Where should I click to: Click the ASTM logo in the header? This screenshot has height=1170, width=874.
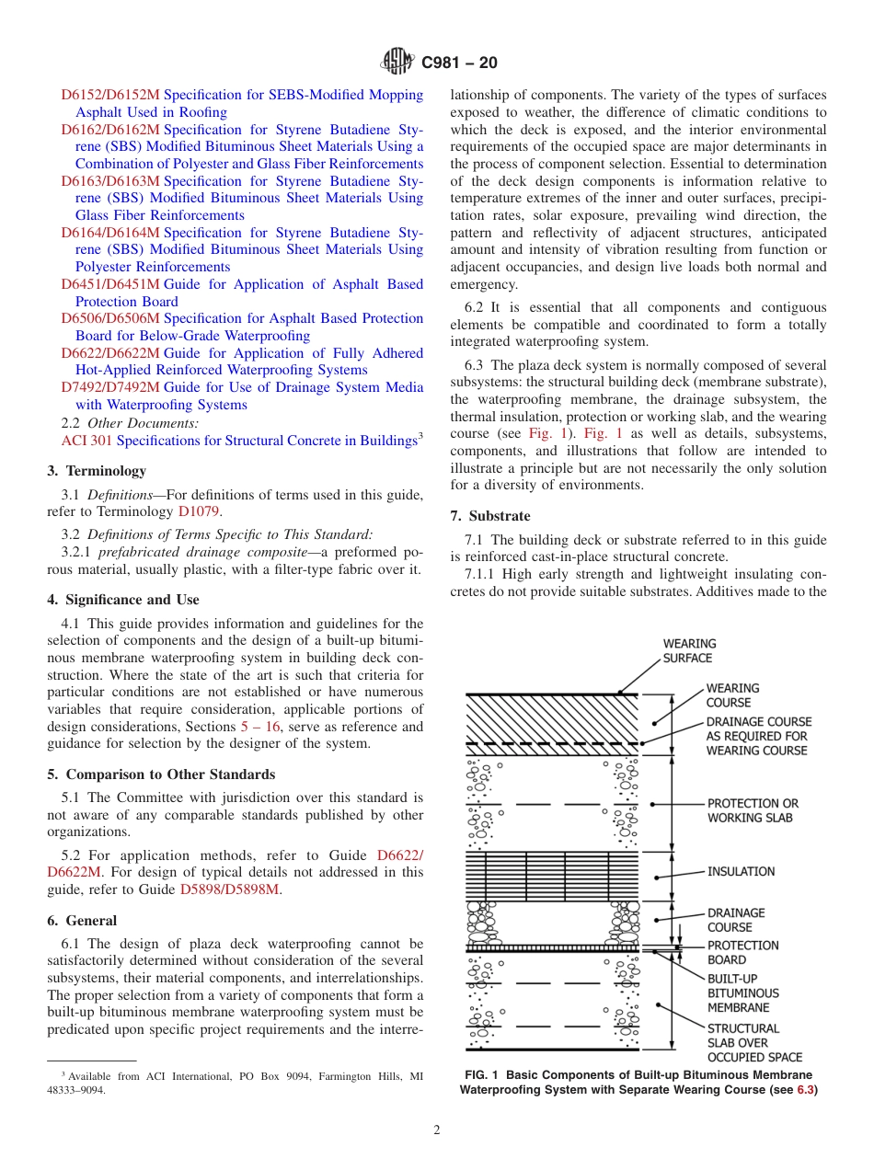coord(397,63)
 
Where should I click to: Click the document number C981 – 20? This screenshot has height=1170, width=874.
coord(459,63)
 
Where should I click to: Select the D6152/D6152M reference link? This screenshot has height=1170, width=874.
coord(110,95)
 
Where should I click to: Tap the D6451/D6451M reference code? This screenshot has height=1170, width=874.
coord(110,284)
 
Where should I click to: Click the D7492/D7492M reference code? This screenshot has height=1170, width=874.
coord(110,387)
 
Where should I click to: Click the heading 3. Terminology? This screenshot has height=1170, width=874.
coord(97,471)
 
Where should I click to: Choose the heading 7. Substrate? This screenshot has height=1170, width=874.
coord(490,516)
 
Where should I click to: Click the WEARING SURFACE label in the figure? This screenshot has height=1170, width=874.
coord(689,651)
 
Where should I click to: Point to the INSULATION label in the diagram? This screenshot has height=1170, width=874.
coord(741,871)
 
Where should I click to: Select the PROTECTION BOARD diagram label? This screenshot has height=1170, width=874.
coord(742,953)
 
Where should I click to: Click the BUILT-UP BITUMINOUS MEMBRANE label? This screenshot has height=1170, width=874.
coord(742,993)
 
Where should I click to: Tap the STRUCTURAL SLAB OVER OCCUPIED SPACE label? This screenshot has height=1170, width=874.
coord(753,1043)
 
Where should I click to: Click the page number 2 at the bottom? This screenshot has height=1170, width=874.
coord(437,1130)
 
